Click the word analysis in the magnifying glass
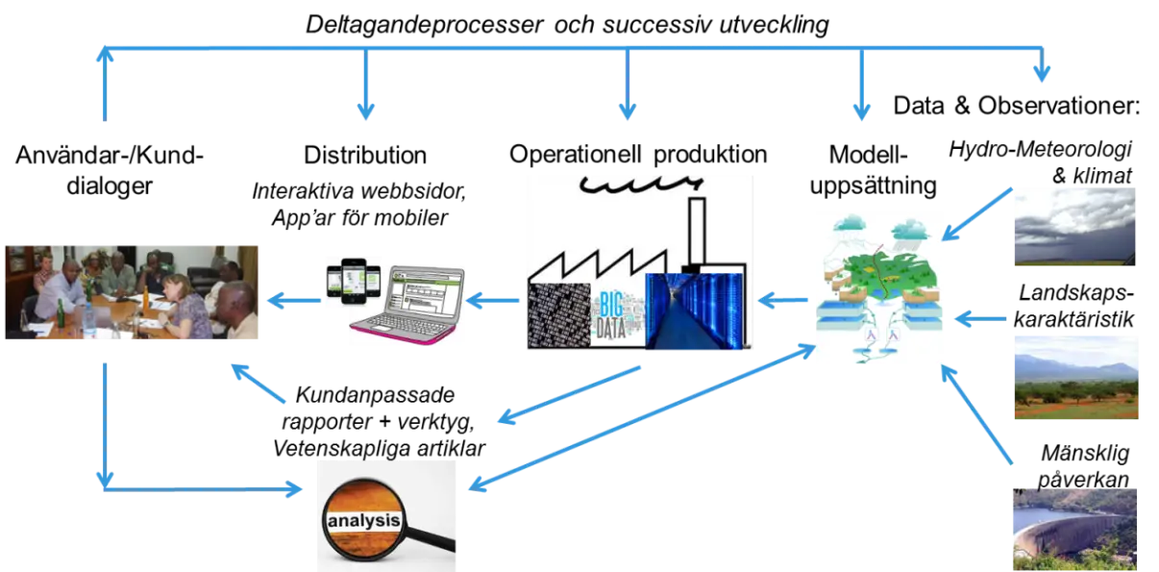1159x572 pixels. pyautogui.click(x=363, y=523)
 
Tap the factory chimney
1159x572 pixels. pyautogui.click(x=697, y=231)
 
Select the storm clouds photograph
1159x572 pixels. pyautogui.click(x=1072, y=226)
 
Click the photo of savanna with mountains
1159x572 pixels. pyautogui.click(x=1075, y=376)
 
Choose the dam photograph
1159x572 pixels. pyautogui.click(x=1073, y=529)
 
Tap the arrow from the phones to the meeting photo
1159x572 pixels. pyautogui.click(x=293, y=302)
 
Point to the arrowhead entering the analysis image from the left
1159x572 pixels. pyautogui.click(x=292, y=488)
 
